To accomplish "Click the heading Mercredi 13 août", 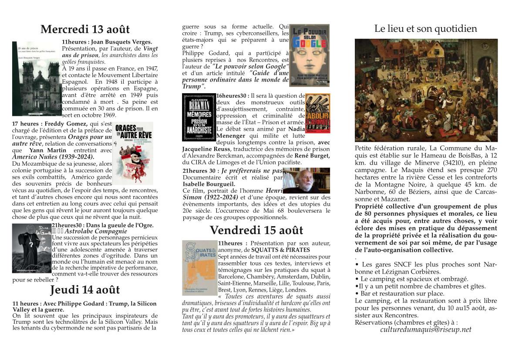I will pos(85,30).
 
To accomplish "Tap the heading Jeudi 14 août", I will pos(85,290).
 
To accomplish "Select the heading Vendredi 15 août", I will pos(256,230).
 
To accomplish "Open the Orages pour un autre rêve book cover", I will pos(133,153).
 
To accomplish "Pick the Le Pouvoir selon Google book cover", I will pos(309,55).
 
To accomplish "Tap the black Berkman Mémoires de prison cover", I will pos(199,117).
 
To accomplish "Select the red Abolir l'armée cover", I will pos(318,113).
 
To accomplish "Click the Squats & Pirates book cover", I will pos(199,268).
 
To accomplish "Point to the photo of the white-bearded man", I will pos(306,180).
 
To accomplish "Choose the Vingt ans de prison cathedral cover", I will pos(37,78).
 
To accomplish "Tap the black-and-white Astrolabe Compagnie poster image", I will pos(32,248).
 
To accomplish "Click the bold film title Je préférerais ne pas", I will pos(252,171).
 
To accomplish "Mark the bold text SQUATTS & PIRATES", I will pos(280,250).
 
